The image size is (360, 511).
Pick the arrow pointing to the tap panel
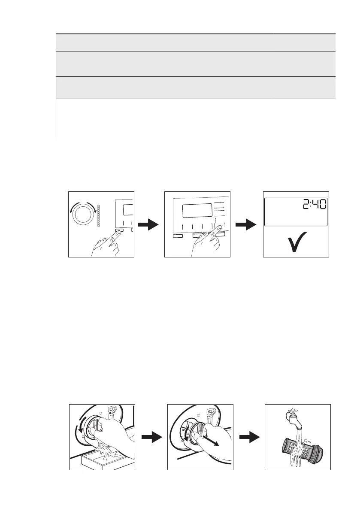click(249, 437)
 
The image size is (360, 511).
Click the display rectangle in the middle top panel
click(197, 210)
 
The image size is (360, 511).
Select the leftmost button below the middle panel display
click(177, 236)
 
